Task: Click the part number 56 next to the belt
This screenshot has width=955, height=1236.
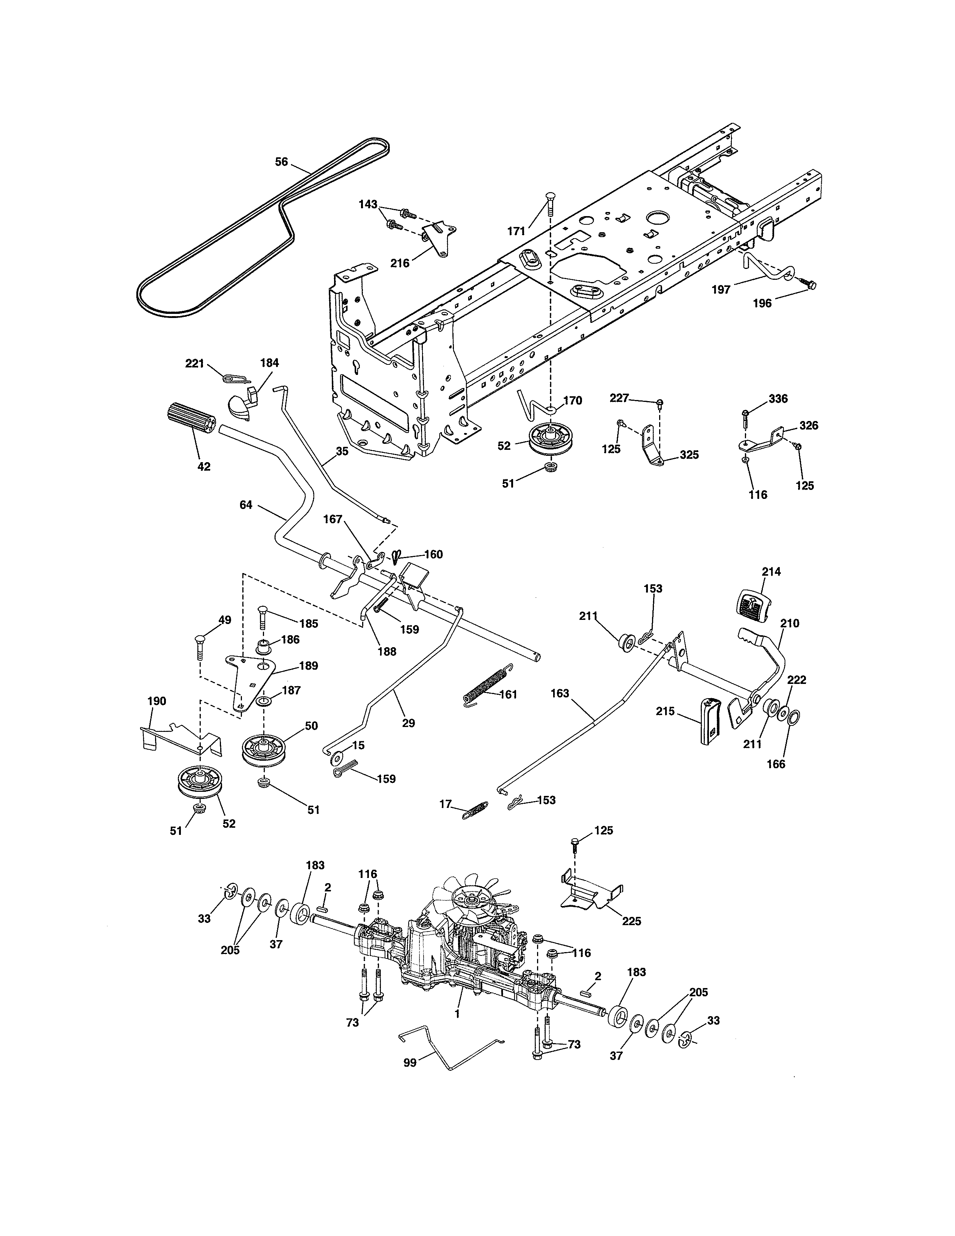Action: pos(281,162)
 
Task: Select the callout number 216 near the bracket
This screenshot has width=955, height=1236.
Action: pos(400,263)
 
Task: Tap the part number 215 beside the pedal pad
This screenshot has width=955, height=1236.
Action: pos(666,711)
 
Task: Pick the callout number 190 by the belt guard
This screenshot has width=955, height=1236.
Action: pos(157,701)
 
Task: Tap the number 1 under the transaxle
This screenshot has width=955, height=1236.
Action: pos(457,1014)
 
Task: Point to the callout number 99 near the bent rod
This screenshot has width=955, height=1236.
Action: pos(410,1063)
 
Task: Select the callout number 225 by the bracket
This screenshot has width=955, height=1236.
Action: pos(631,921)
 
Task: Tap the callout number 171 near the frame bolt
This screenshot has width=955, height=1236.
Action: pos(516,230)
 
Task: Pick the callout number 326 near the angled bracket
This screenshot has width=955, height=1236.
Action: pos(809,425)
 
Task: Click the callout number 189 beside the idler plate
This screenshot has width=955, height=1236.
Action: pos(308,666)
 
